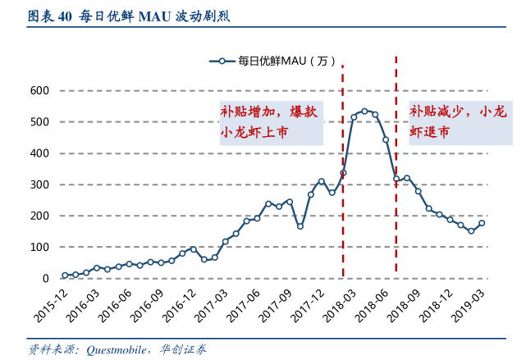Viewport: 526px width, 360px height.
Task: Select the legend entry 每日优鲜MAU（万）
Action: pos(273,61)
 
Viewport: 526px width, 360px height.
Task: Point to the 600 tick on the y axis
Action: pos(39,90)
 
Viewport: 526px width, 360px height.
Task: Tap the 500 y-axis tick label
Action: pos(39,121)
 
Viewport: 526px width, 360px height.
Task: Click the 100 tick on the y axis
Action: pos(39,247)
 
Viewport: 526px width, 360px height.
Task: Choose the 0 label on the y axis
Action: pos(46,278)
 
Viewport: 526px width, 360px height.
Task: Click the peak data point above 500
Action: pos(364,111)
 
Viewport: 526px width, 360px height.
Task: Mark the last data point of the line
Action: pos(482,223)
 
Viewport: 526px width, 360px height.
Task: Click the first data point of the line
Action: pos(65,276)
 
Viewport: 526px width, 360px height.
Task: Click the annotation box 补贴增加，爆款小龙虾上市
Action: pos(269,121)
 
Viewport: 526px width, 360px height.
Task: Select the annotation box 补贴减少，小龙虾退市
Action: pos(458,121)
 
